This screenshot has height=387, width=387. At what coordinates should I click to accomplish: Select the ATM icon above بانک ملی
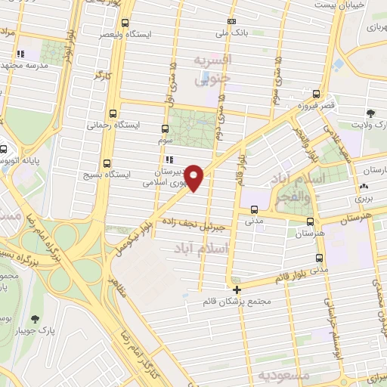(x=231, y=21)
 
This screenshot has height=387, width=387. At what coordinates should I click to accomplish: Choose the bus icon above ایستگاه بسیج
(x=105, y=163)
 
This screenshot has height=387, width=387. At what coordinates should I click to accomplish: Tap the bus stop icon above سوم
(x=166, y=129)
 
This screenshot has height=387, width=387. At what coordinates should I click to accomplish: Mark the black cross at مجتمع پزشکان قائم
(x=237, y=289)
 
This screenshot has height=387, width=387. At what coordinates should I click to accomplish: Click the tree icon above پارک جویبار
(x=33, y=319)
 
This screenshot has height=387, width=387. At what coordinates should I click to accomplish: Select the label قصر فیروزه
(x=314, y=107)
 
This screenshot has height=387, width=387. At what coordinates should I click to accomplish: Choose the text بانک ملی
(x=230, y=34)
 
